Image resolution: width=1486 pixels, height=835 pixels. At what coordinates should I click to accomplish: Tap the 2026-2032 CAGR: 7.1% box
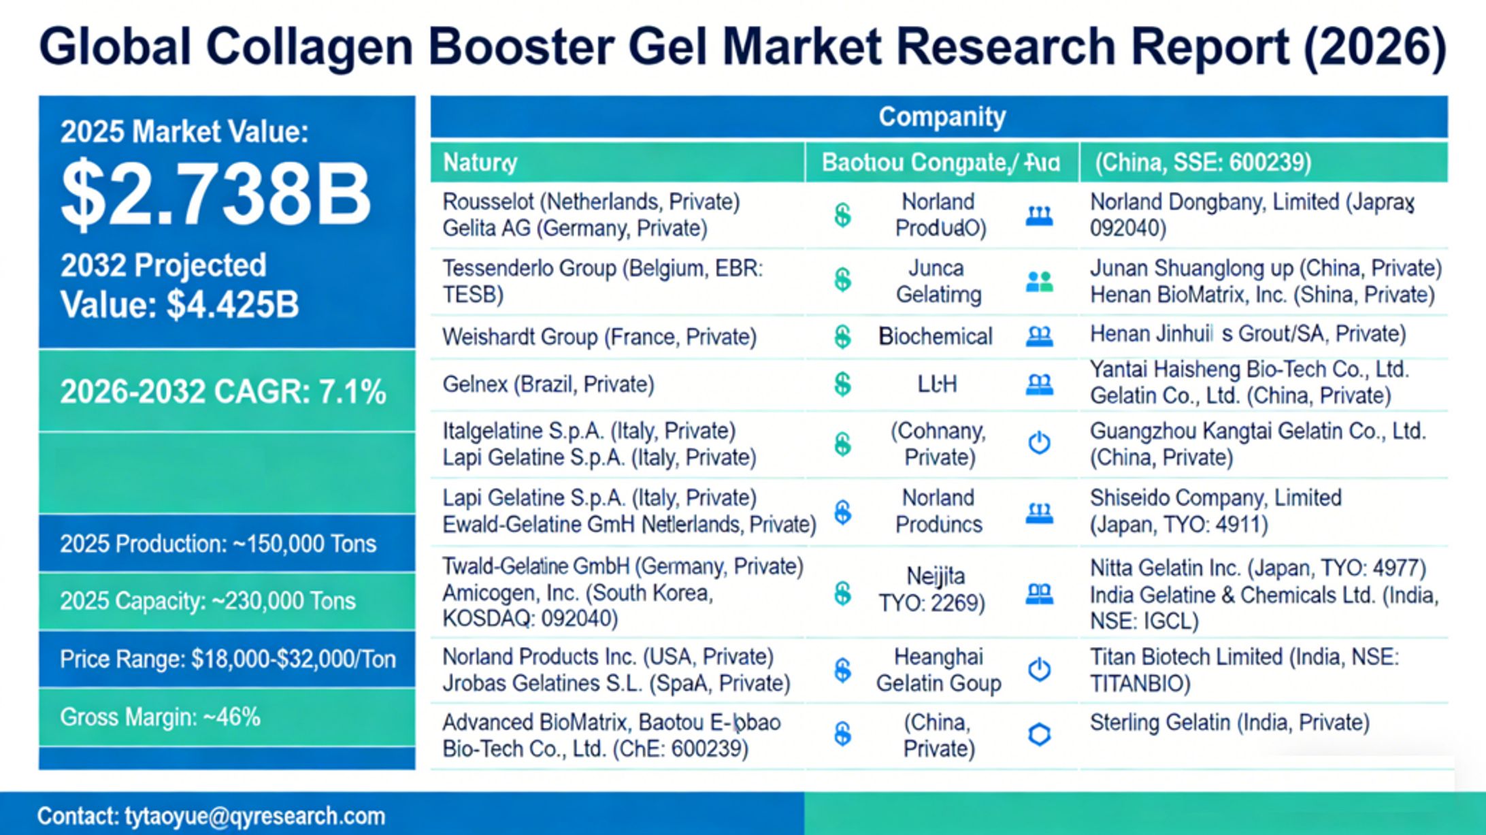pyautogui.click(x=223, y=392)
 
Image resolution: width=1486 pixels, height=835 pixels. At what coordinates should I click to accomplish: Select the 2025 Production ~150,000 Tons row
pyautogui.click(x=218, y=544)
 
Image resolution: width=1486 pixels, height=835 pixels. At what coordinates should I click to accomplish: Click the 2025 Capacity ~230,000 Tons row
pyautogui.click(x=208, y=601)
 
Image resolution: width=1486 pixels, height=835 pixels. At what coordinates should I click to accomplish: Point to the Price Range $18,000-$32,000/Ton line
pyautogui.click(x=227, y=659)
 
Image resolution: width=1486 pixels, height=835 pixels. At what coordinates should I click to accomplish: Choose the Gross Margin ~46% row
pyautogui.click(x=161, y=717)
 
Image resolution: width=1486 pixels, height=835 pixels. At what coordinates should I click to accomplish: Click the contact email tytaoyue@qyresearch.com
pyautogui.click(x=212, y=816)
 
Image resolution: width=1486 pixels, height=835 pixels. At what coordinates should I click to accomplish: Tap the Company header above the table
pyautogui.click(x=941, y=117)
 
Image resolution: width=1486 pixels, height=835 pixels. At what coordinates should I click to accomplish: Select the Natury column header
pyautogui.click(x=480, y=163)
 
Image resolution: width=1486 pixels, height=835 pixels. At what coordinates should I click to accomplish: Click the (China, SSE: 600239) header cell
pyautogui.click(x=1202, y=163)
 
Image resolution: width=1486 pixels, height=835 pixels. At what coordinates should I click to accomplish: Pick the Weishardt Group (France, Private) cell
pyautogui.click(x=599, y=337)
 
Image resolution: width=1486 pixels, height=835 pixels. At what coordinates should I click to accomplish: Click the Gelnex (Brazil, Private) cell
pyautogui.click(x=548, y=384)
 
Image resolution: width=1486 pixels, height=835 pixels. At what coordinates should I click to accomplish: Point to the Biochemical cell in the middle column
pyautogui.click(x=935, y=336)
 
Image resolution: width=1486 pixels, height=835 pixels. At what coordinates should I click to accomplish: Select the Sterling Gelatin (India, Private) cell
pyautogui.click(x=1229, y=722)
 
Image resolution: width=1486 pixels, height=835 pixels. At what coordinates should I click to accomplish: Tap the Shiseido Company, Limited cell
pyautogui.click(x=1215, y=510)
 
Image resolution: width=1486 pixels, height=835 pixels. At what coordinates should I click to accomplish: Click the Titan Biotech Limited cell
pyautogui.click(x=1244, y=670)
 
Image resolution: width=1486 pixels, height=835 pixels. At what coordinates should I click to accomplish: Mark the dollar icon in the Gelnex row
pyautogui.click(x=842, y=384)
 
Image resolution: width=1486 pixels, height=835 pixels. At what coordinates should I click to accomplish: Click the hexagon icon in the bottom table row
pyautogui.click(x=1039, y=734)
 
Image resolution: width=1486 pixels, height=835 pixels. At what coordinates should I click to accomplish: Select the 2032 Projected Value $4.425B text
pyautogui.click(x=180, y=285)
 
